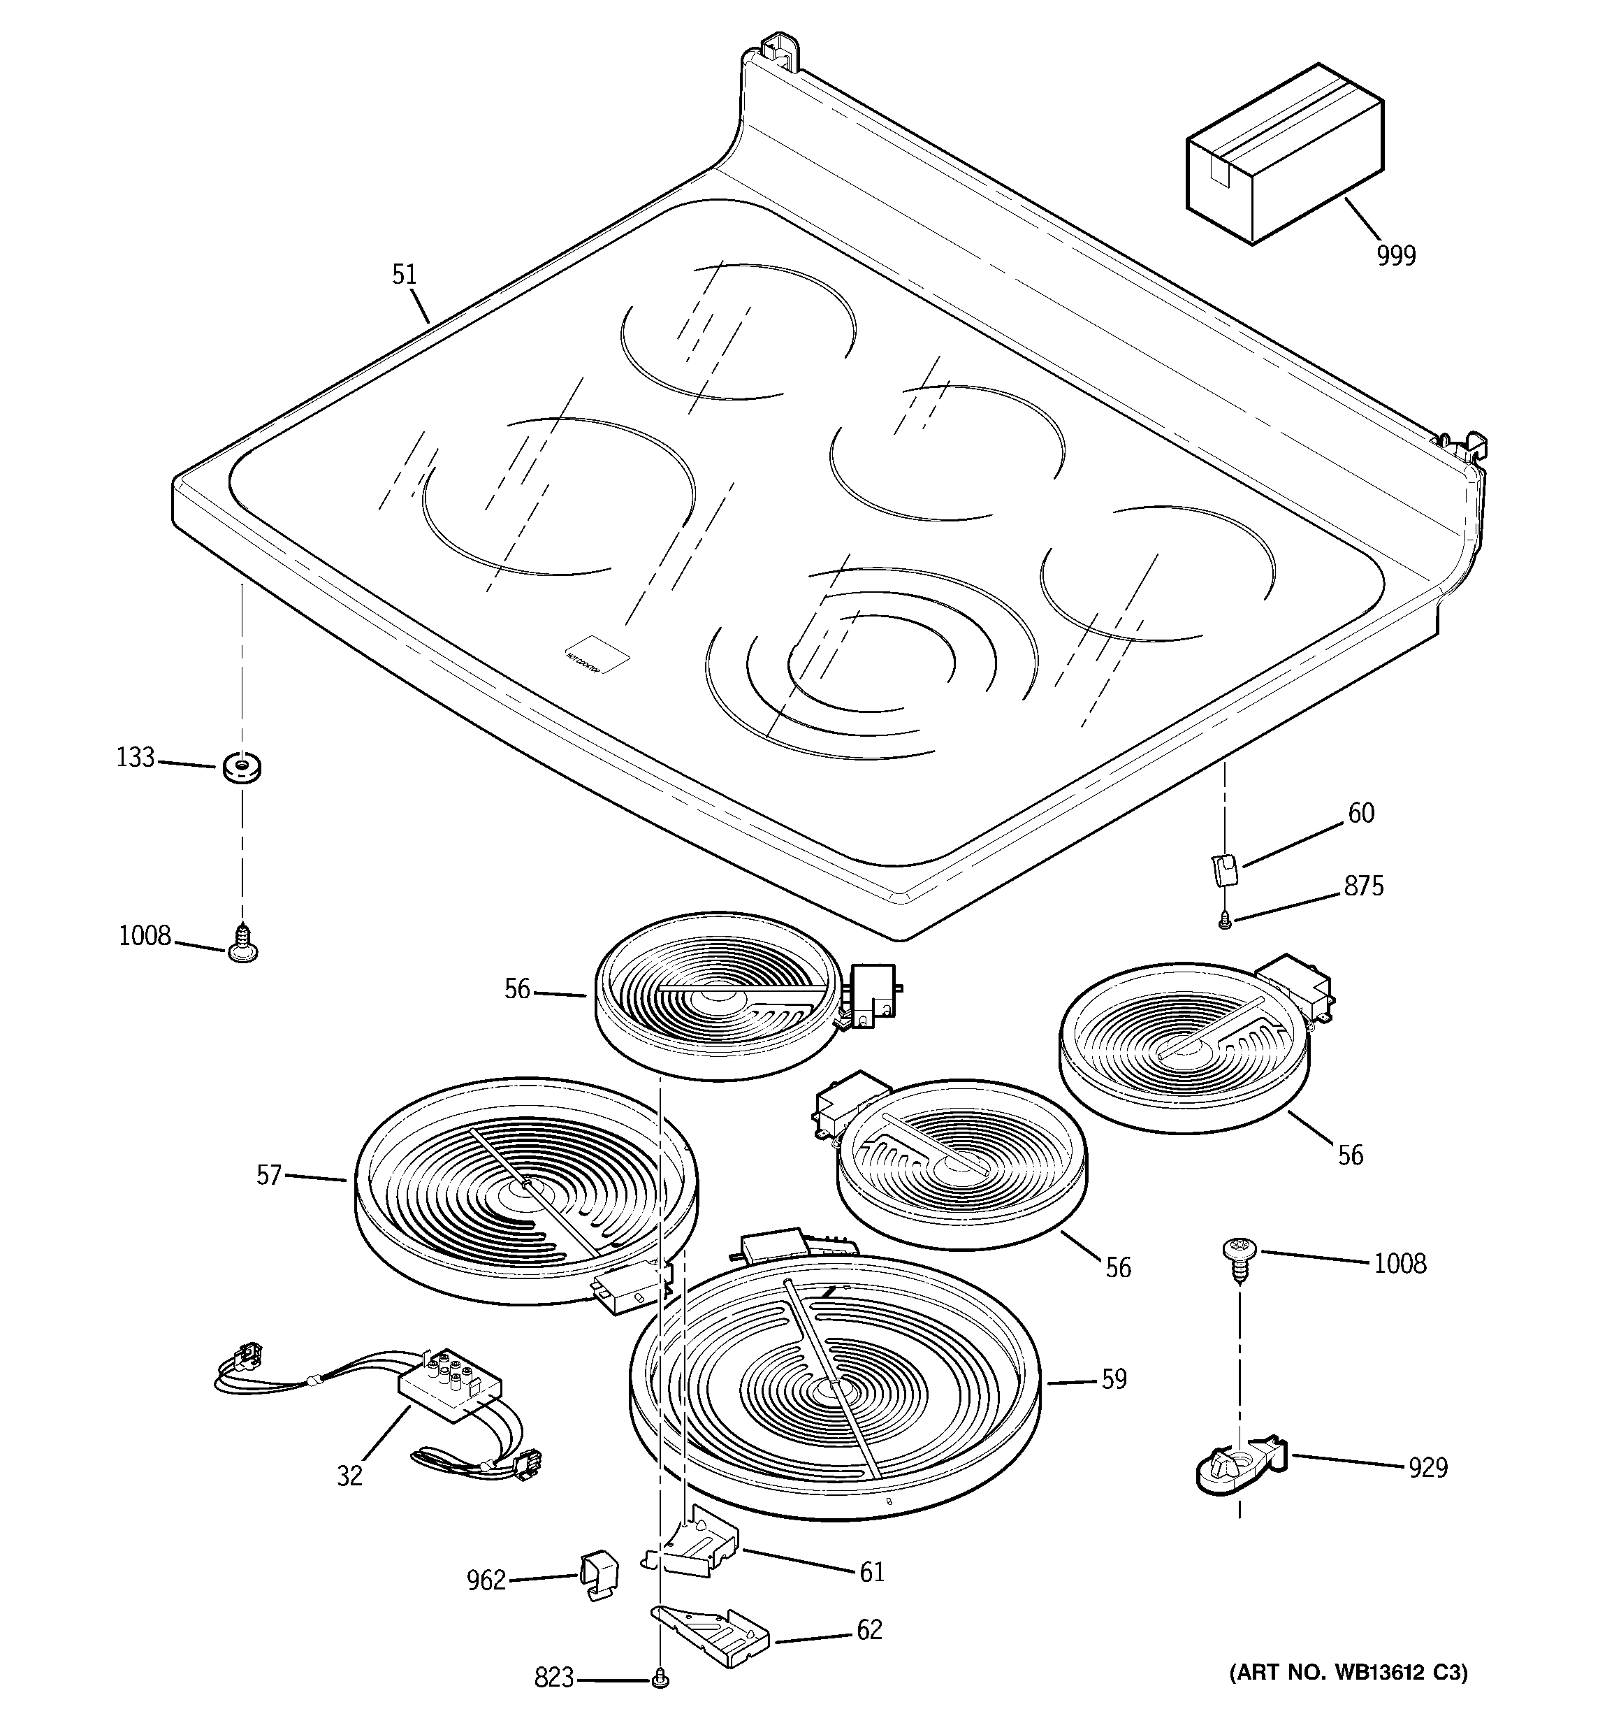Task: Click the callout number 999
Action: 1395,256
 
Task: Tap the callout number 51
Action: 405,275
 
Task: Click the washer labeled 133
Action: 242,767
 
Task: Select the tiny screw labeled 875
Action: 1225,918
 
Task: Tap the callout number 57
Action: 269,1176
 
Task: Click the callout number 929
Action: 1428,1468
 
